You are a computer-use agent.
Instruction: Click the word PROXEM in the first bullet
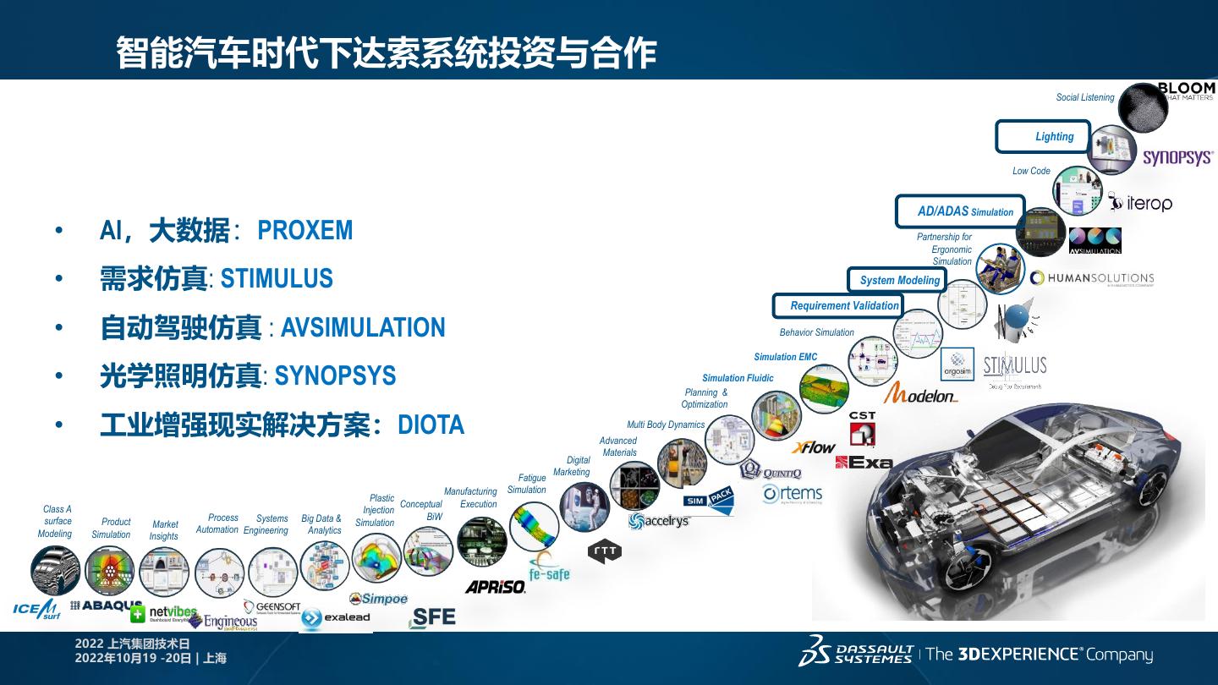pos(304,231)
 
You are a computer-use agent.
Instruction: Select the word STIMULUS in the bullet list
pos(277,279)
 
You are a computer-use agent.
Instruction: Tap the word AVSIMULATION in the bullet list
pos(362,327)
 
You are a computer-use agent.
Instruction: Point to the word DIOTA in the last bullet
pos(431,425)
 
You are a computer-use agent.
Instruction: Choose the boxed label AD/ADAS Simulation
pos(960,211)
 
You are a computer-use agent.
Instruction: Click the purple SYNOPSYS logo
pos(1177,157)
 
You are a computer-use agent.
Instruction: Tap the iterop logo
pos(1140,203)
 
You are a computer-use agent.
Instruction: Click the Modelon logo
pos(920,393)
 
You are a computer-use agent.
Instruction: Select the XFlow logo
pos(813,447)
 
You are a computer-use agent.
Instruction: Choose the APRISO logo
pos(495,586)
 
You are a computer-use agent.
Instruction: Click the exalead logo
pos(336,617)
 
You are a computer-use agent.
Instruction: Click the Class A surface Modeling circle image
pos(56,571)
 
